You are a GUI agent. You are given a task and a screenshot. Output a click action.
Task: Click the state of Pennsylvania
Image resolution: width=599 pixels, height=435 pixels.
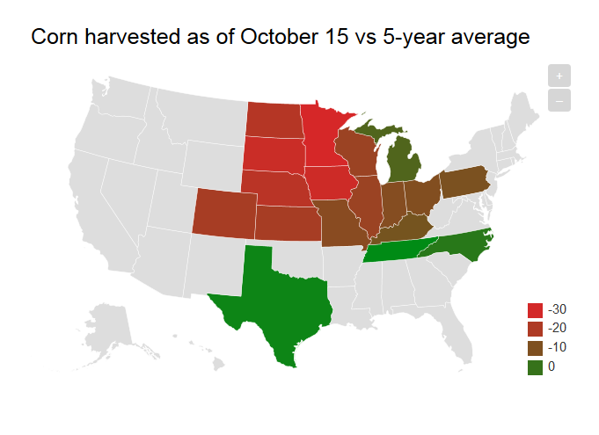(x=463, y=180)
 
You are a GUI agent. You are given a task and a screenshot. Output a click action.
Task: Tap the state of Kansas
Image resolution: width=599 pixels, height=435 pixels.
(x=287, y=223)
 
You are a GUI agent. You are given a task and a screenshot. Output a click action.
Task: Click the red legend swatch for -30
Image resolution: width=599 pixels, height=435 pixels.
(x=535, y=309)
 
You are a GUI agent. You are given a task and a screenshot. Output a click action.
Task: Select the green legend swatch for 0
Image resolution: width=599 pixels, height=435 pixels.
(x=535, y=367)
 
